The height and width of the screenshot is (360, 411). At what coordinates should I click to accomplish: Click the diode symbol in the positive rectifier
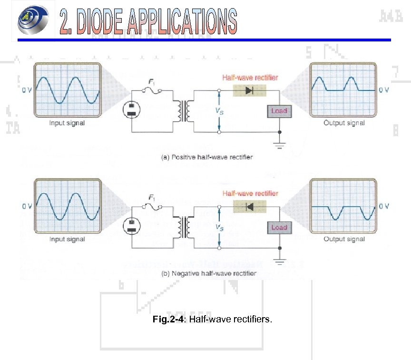(x=249, y=90)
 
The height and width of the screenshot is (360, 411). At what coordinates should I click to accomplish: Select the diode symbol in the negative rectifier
(x=249, y=207)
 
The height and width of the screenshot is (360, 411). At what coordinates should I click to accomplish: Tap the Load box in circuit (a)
(x=279, y=111)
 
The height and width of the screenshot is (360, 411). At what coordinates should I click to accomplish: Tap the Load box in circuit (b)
(x=279, y=228)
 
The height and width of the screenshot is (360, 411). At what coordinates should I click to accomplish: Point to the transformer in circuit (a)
(x=183, y=110)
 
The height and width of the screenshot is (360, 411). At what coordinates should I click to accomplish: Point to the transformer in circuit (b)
(x=183, y=227)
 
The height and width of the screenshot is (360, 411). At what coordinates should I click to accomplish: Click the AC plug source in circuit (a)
(x=131, y=110)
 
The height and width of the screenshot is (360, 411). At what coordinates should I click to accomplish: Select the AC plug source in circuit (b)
(x=131, y=226)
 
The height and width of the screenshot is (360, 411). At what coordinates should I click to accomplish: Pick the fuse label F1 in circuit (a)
(x=152, y=82)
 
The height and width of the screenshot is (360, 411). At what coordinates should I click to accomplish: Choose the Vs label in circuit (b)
(x=219, y=228)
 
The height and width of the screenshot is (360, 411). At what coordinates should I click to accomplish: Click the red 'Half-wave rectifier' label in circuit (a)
(x=251, y=78)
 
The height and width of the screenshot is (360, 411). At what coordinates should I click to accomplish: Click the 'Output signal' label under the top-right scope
(x=344, y=123)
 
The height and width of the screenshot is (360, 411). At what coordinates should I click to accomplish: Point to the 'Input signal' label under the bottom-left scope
(x=67, y=239)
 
